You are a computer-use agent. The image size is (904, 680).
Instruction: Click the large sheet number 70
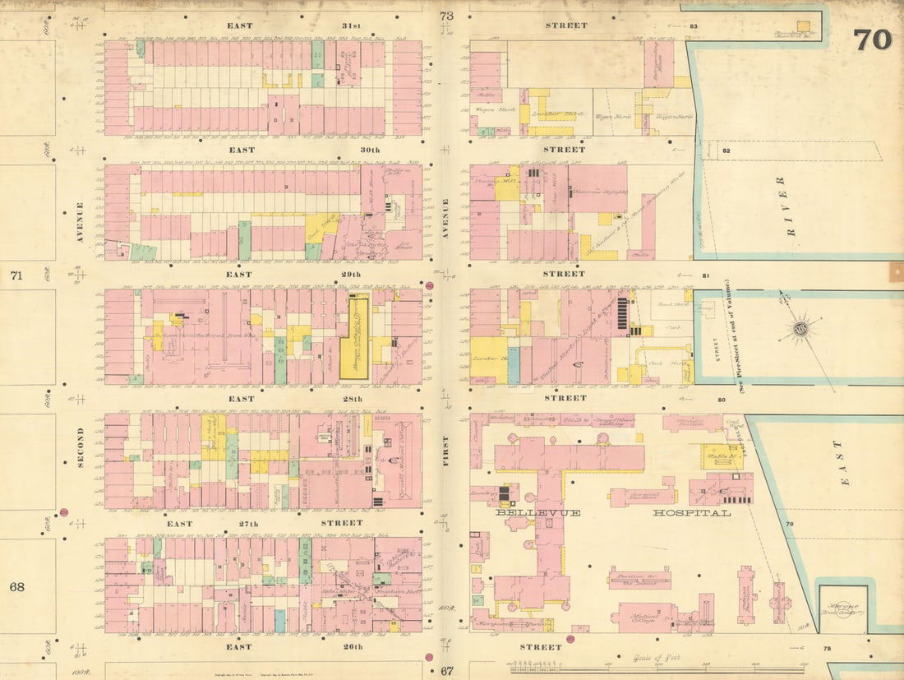pyautogui.click(x=872, y=39)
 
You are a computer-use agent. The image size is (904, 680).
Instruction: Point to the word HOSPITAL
pyautogui.click(x=691, y=512)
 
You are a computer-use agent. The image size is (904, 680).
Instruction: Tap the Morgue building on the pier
pyautogui.click(x=842, y=609)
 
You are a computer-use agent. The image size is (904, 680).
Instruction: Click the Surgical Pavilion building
pyautogui.click(x=642, y=495)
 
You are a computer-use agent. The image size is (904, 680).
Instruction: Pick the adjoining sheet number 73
pyautogui.click(x=446, y=16)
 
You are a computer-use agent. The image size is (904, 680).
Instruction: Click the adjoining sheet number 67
pyautogui.click(x=446, y=670)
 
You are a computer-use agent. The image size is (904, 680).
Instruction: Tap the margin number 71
pyautogui.click(x=16, y=275)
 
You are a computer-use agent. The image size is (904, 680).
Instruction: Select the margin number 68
pyautogui.click(x=16, y=587)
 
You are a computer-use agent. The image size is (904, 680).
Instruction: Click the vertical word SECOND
pyautogui.click(x=81, y=447)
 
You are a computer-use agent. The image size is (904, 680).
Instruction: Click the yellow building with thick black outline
pyautogui.click(x=355, y=338)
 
